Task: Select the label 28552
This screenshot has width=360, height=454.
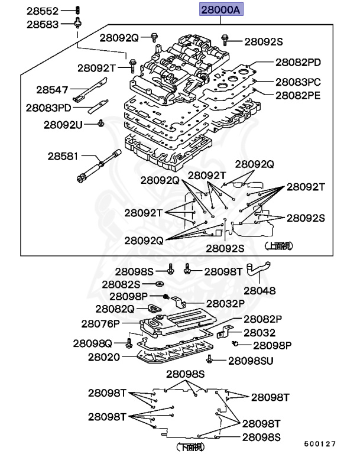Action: tap(43, 11)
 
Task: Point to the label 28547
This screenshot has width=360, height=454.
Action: tap(51, 90)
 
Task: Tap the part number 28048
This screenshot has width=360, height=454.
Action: tap(260, 291)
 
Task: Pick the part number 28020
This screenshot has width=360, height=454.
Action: tap(104, 357)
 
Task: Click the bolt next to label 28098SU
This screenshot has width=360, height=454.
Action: tap(209, 359)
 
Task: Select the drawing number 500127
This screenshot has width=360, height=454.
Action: tap(320, 443)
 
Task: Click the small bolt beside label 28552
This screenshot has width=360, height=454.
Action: tap(77, 10)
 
